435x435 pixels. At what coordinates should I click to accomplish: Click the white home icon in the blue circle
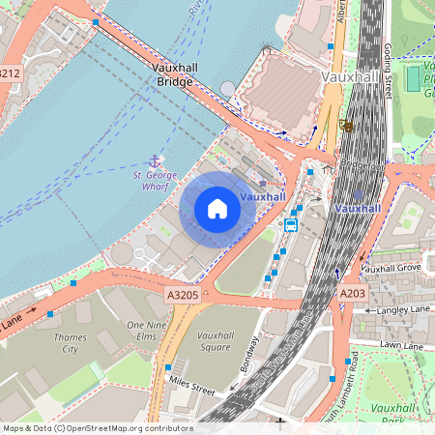[217, 209]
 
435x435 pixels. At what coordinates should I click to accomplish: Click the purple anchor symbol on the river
[153, 160]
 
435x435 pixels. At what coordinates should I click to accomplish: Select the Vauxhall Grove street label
[391, 267]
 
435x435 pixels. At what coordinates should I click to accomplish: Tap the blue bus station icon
[290, 224]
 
